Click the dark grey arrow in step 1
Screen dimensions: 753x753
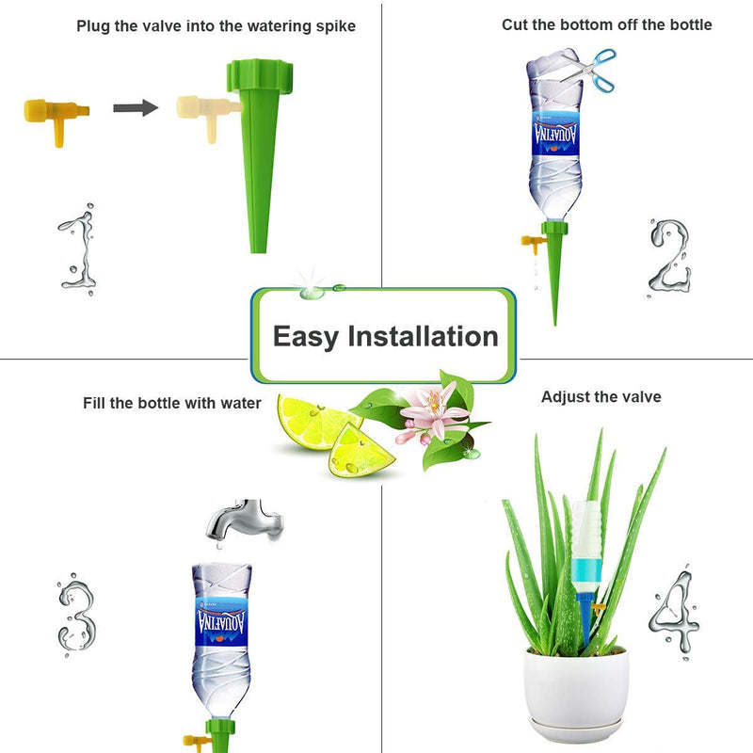pyautogui.click(x=136, y=108)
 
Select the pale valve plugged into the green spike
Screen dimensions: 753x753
pyautogui.click(x=207, y=114)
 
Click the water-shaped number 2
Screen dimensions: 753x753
pyautogui.click(x=670, y=257)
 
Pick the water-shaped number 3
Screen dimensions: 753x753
pyautogui.click(x=77, y=615)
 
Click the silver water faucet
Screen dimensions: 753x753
pyautogui.click(x=245, y=521)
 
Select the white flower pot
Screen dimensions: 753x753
pyautogui.click(x=576, y=693)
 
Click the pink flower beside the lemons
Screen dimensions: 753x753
pyautogui.click(x=435, y=413)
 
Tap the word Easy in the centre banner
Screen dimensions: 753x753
pyautogui.click(x=306, y=336)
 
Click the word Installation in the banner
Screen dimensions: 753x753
pyautogui.click(x=423, y=336)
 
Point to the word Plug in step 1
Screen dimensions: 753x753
pyautogui.click(x=93, y=26)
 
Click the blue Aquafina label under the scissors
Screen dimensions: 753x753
pyautogui.click(x=555, y=134)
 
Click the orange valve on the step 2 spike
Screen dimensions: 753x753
pyautogui.click(x=533, y=243)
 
